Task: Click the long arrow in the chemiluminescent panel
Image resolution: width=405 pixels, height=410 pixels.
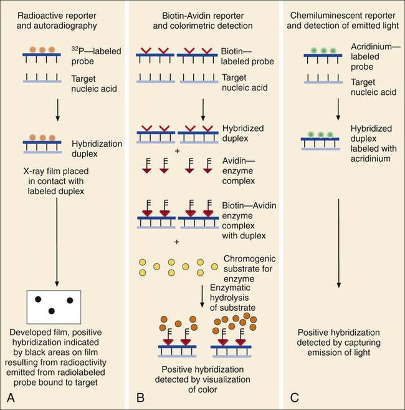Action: pyautogui.click(x=338, y=243)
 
